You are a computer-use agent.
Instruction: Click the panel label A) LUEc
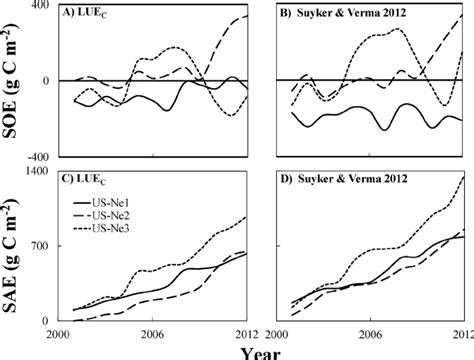pyautogui.click(x=96, y=15)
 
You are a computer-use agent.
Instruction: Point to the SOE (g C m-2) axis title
pyautogui.click(x=16, y=80)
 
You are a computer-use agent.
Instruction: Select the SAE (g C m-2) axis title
pyautogui.click(x=16, y=246)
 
